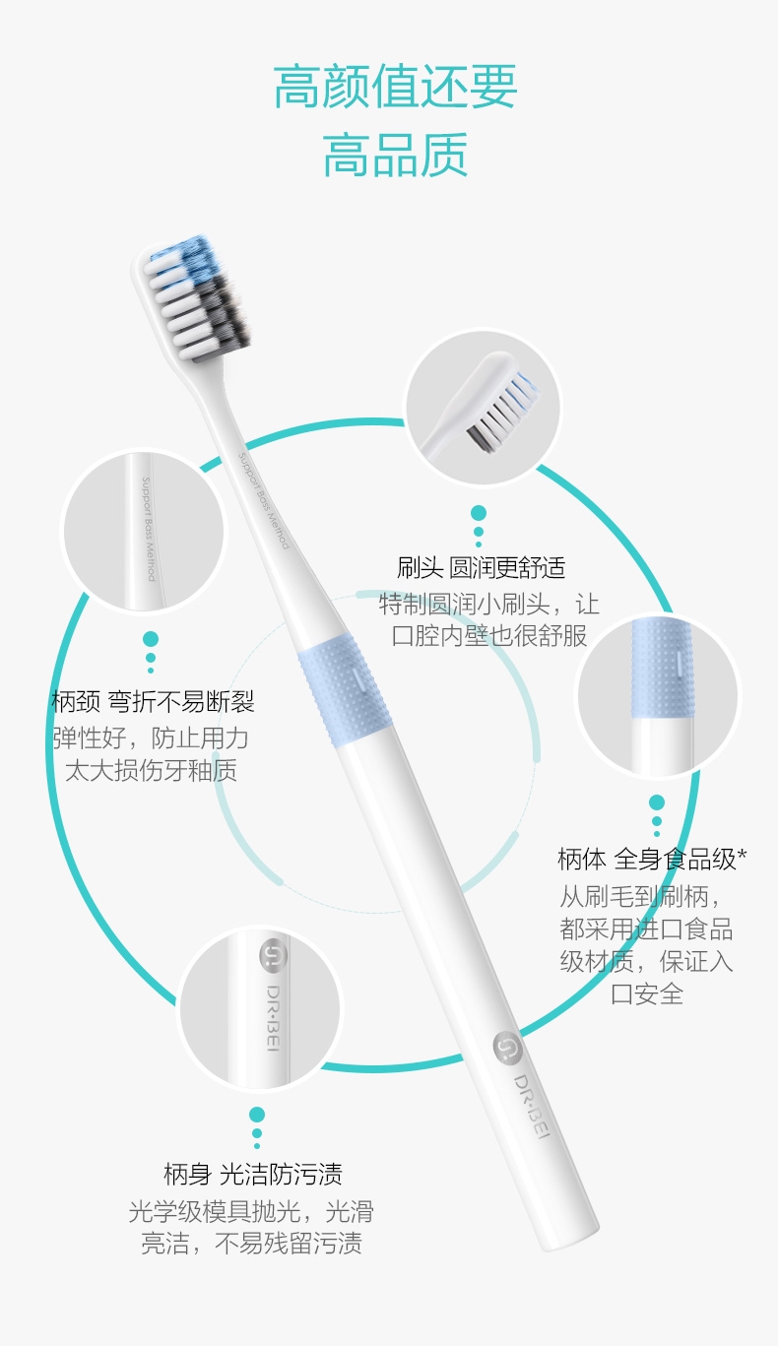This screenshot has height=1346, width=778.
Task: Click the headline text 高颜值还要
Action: click(x=395, y=87)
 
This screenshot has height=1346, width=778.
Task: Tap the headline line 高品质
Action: click(x=395, y=155)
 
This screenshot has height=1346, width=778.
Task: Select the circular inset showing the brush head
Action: click(x=483, y=408)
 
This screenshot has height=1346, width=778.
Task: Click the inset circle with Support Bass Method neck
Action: click(x=144, y=531)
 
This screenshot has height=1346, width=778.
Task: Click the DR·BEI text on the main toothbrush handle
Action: click(x=532, y=1106)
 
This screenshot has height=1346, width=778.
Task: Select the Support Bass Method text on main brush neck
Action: click(x=264, y=500)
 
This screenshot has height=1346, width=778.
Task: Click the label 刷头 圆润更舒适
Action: click(x=481, y=567)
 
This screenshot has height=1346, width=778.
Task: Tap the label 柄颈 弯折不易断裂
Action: click(x=154, y=701)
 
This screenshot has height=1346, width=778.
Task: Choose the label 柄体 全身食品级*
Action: click(x=652, y=860)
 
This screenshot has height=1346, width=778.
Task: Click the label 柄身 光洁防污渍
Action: click(x=253, y=1174)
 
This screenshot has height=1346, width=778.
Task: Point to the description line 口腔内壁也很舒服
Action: click(x=489, y=636)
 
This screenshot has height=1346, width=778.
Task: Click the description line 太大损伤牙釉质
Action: click(x=151, y=770)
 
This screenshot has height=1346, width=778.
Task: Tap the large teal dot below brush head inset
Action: click(x=479, y=513)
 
